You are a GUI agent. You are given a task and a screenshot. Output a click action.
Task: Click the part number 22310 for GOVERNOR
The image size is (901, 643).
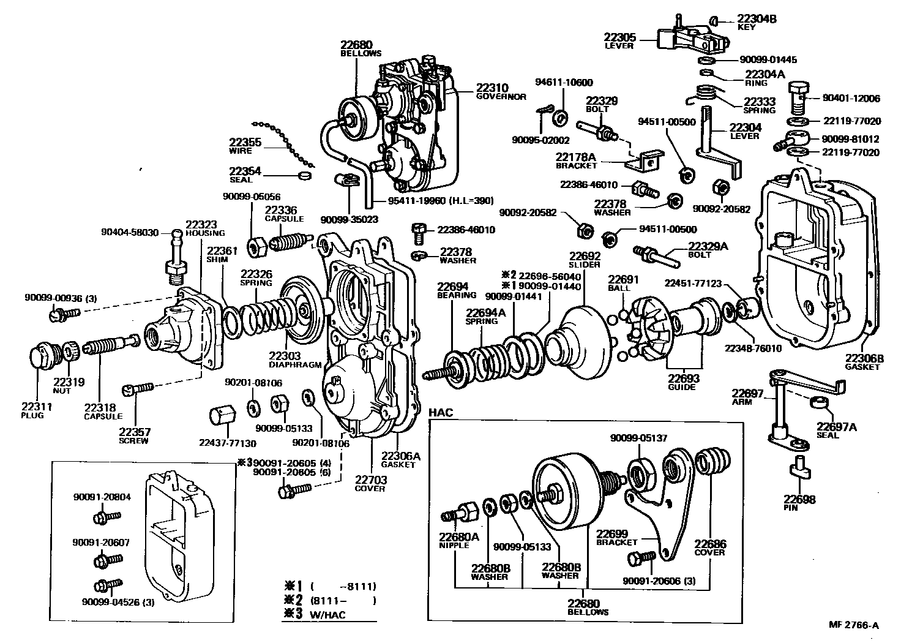[493, 87]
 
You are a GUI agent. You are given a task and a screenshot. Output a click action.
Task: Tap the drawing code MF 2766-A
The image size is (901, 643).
[853, 625]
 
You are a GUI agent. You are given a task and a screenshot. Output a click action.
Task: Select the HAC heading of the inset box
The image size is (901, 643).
[441, 413]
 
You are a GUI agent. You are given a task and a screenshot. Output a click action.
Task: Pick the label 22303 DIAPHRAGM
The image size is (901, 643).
[294, 359]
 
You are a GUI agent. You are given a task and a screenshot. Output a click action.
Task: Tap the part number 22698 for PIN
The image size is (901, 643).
[799, 500]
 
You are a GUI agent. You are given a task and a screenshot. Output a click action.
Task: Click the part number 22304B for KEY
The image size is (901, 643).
[757, 19]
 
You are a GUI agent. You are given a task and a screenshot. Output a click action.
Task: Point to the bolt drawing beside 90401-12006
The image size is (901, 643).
[797, 97]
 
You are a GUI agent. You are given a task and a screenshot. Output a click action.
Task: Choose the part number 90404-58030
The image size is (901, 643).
[130, 233]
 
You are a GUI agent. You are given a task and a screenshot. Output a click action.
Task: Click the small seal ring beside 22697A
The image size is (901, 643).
[821, 402]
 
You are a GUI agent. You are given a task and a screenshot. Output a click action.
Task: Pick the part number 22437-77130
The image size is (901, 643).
[227, 443]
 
